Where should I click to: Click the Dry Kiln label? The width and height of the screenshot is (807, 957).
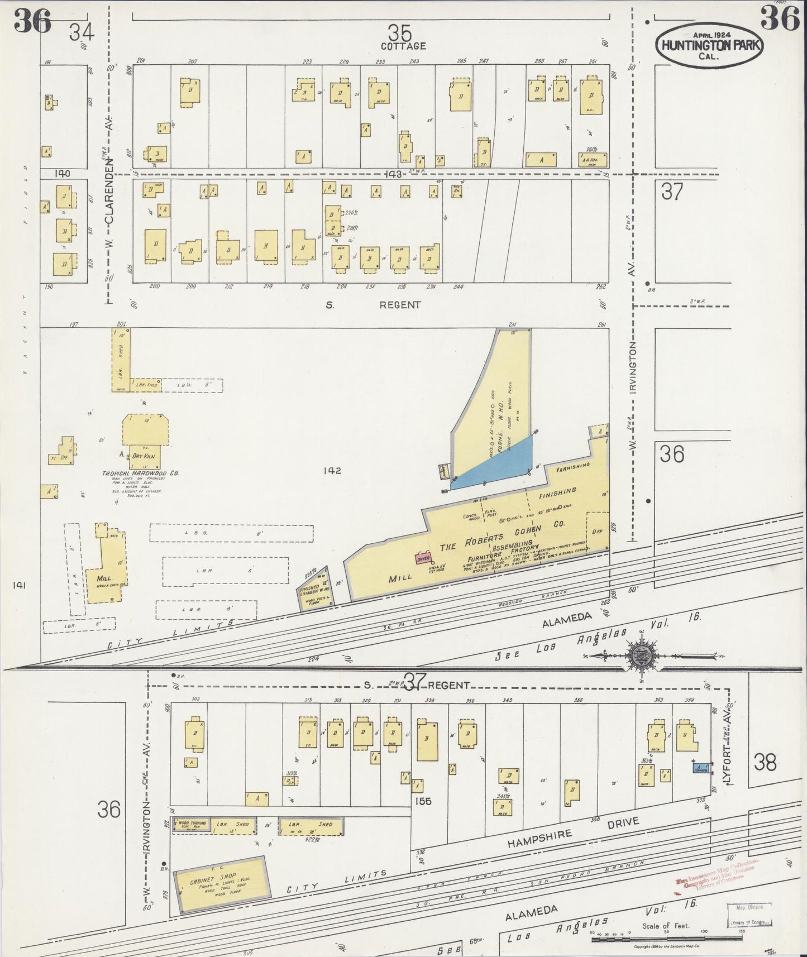point(144,456)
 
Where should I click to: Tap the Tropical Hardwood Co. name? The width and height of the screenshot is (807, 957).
point(140,473)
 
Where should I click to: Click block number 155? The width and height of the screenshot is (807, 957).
point(423,801)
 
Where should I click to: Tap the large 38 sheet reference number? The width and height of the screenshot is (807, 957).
point(765,762)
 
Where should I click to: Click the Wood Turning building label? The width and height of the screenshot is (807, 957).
point(192,824)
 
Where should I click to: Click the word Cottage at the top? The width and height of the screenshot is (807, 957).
point(403,46)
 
